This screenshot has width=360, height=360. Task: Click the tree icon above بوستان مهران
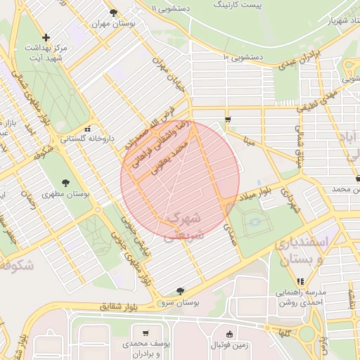click(x=114, y=12)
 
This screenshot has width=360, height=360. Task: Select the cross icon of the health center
click(x=46, y=37)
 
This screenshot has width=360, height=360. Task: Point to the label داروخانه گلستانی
click(x=88, y=140)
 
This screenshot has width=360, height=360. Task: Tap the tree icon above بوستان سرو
click(x=180, y=291)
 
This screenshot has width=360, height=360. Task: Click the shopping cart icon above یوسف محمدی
click(x=145, y=333)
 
